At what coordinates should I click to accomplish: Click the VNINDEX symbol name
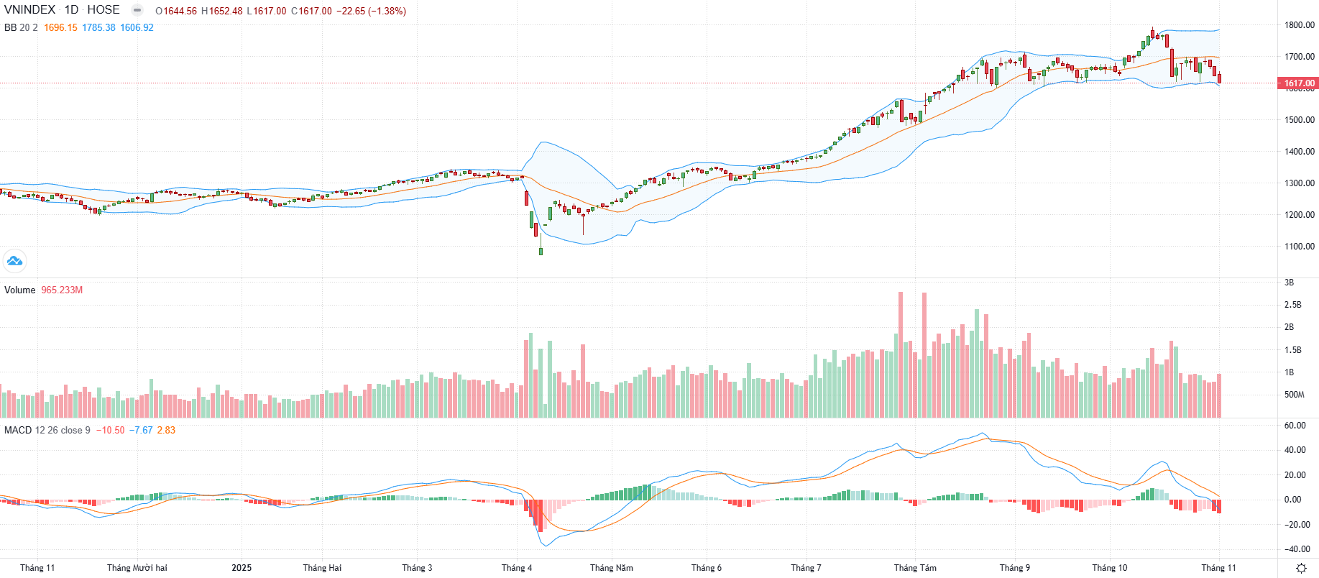click(29, 10)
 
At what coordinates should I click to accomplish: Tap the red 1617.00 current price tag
click(1299, 83)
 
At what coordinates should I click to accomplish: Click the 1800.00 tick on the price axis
click(1300, 25)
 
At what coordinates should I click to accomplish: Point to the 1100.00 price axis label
click(1300, 247)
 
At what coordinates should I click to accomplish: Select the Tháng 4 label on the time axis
click(517, 568)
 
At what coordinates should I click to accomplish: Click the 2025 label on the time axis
click(242, 568)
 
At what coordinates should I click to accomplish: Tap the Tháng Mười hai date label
click(137, 568)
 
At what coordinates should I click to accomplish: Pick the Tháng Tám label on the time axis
click(915, 568)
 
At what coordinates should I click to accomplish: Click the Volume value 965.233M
click(62, 290)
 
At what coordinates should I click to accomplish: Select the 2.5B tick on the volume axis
click(1292, 305)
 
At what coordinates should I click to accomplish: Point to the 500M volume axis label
click(1294, 395)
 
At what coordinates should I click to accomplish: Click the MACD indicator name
click(18, 431)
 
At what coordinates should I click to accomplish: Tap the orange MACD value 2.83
click(166, 431)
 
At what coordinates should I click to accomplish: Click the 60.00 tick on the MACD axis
click(1294, 426)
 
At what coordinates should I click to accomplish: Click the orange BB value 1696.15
click(60, 28)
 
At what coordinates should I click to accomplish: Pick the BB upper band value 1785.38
click(98, 28)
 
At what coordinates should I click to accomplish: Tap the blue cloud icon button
click(14, 260)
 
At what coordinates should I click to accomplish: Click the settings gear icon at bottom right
click(1301, 569)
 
